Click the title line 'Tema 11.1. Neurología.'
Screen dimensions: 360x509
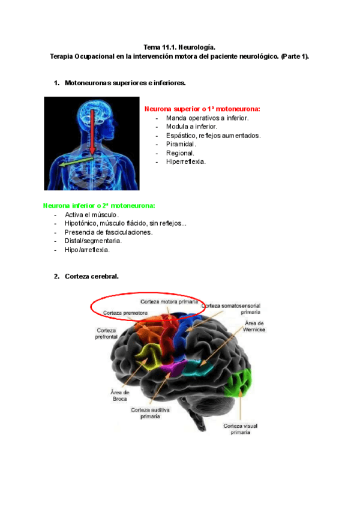tap(179, 46)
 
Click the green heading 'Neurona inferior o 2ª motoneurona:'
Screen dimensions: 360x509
tap(99, 205)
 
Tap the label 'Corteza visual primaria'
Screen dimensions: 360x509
tap(241, 429)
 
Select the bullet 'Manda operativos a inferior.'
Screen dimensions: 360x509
tap(207, 118)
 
